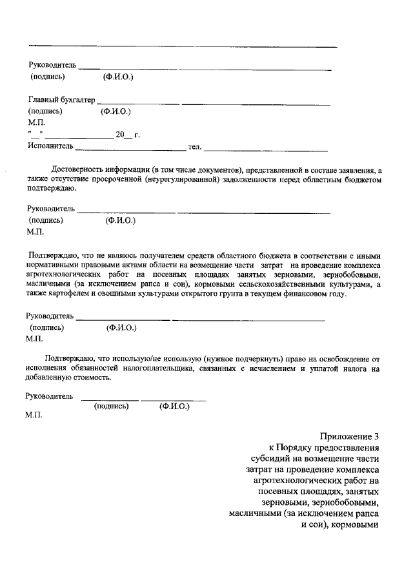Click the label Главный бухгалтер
point(61,100)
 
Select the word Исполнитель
point(50,146)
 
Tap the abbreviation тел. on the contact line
point(194,147)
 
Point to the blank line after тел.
point(265,149)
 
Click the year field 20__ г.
point(127,135)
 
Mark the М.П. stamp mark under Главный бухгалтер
point(37,122)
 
